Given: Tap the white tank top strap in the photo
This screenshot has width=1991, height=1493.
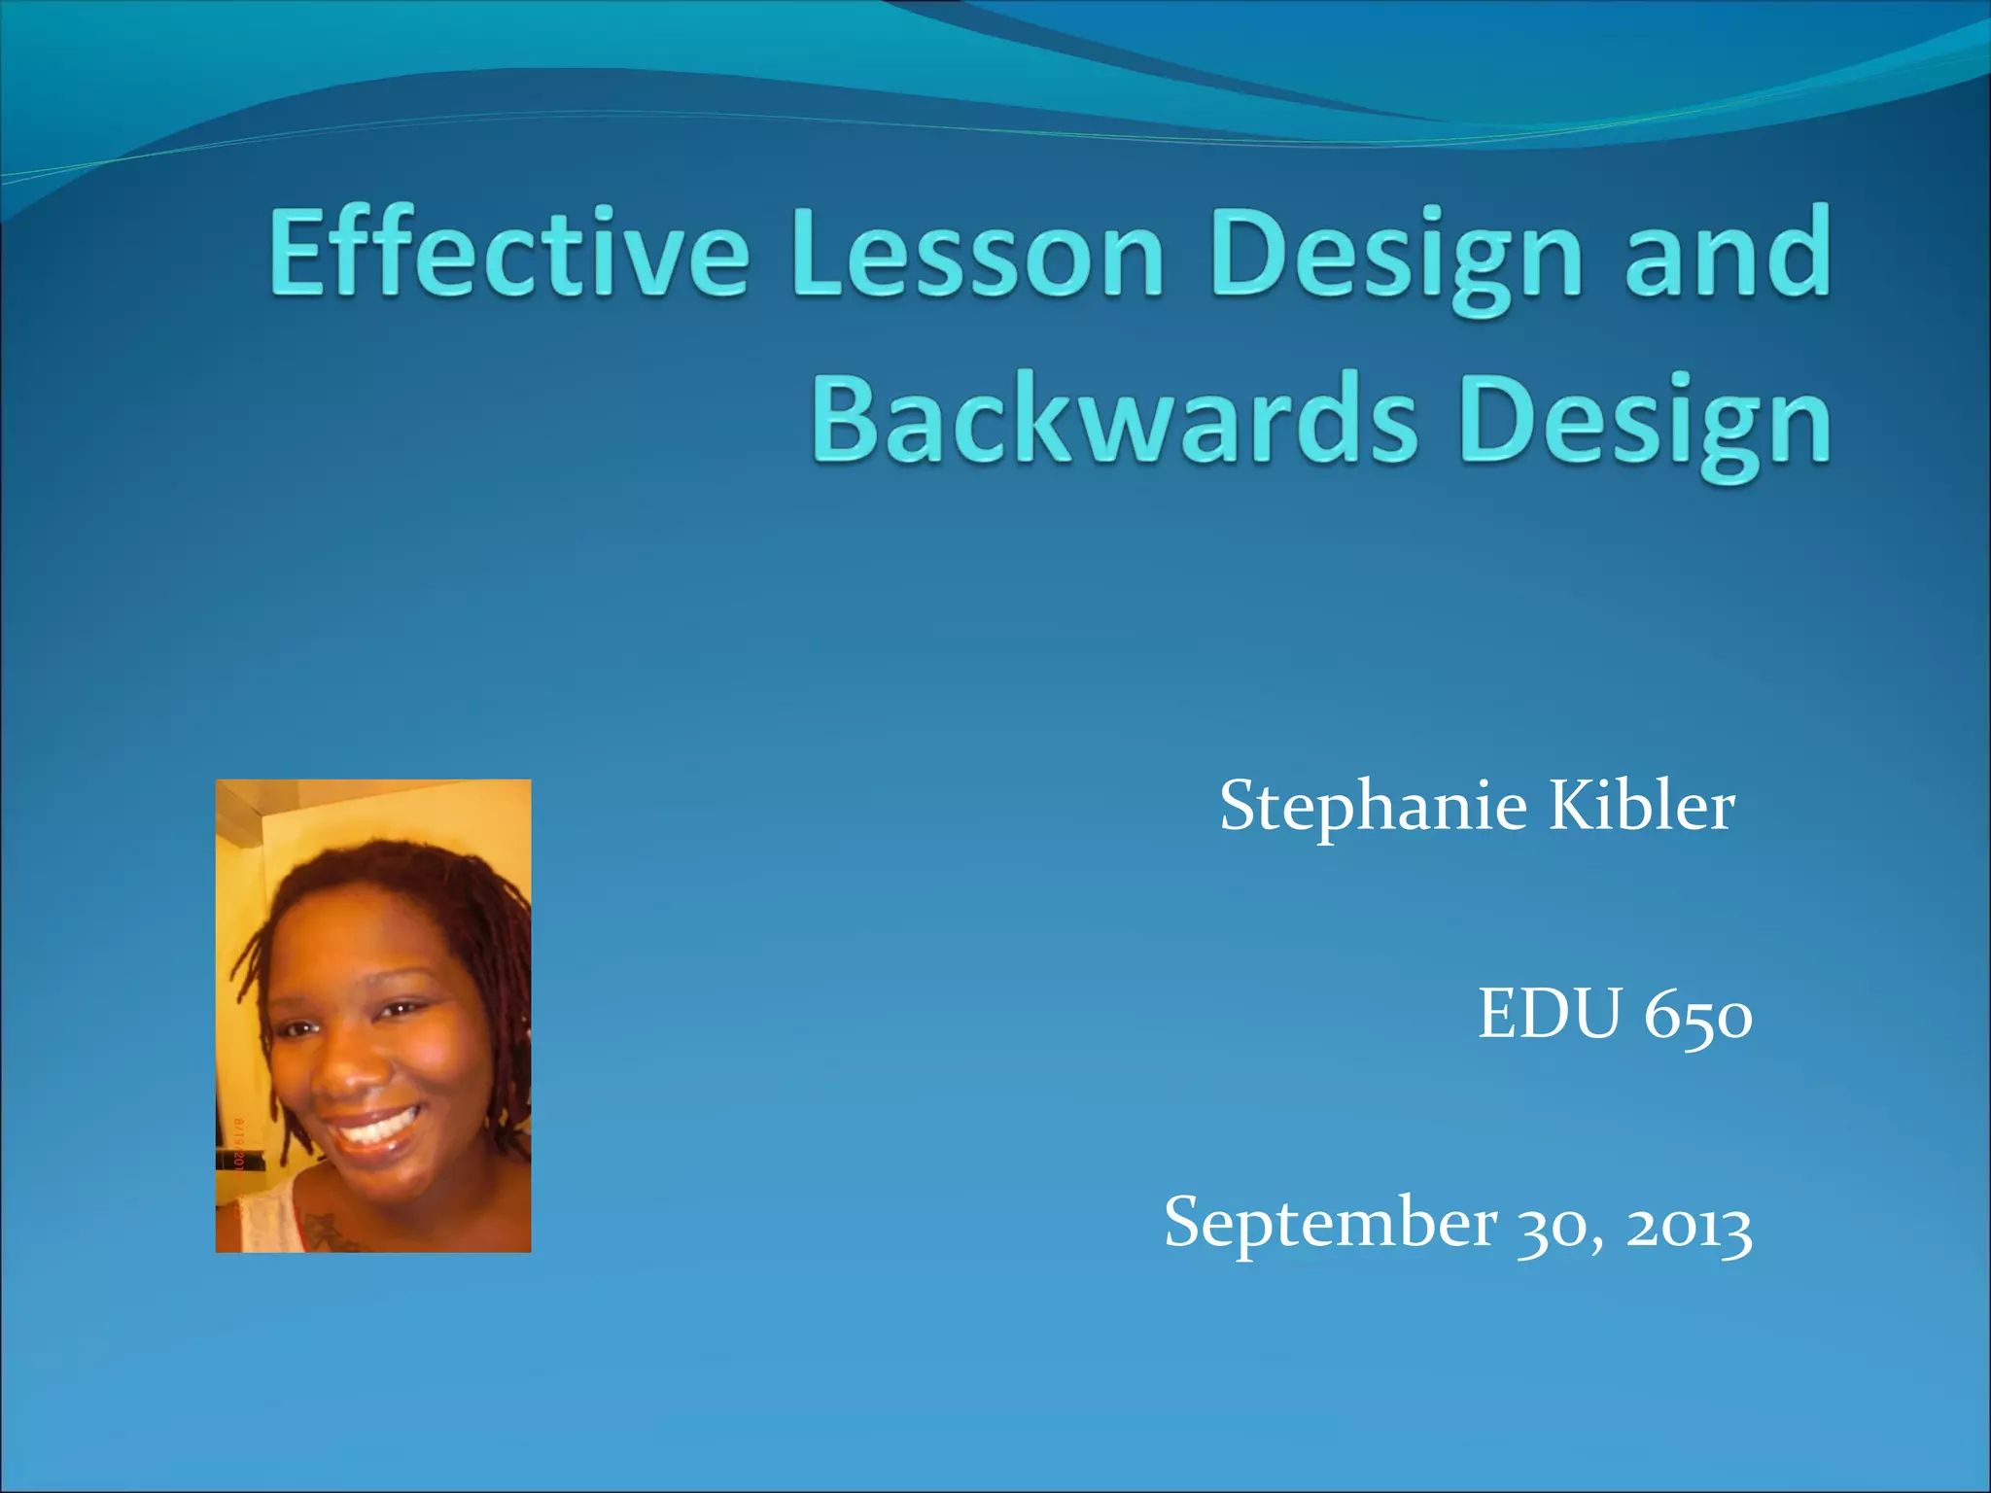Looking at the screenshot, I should tap(262, 1215).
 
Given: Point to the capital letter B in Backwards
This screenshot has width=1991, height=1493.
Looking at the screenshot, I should tap(845, 419).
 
